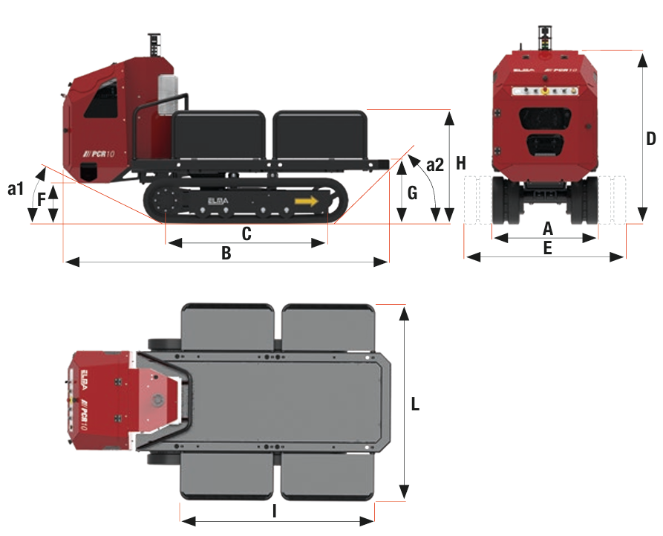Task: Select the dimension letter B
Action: pyautogui.click(x=226, y=253)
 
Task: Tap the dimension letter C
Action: pyautogui.click(x=246, y=233)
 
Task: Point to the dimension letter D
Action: pyautogui.click(x=650, y=138)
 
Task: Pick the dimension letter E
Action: pyautogui.click(x=547, y=248)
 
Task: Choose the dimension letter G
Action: pyautogui.click(x=413, y=193)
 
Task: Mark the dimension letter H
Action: pyautogui.click(x=461, y=163)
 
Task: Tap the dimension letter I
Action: pyautogui.click(x=275, y=511)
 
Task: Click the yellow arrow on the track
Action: pyautogui.click(x=306, y=201)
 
